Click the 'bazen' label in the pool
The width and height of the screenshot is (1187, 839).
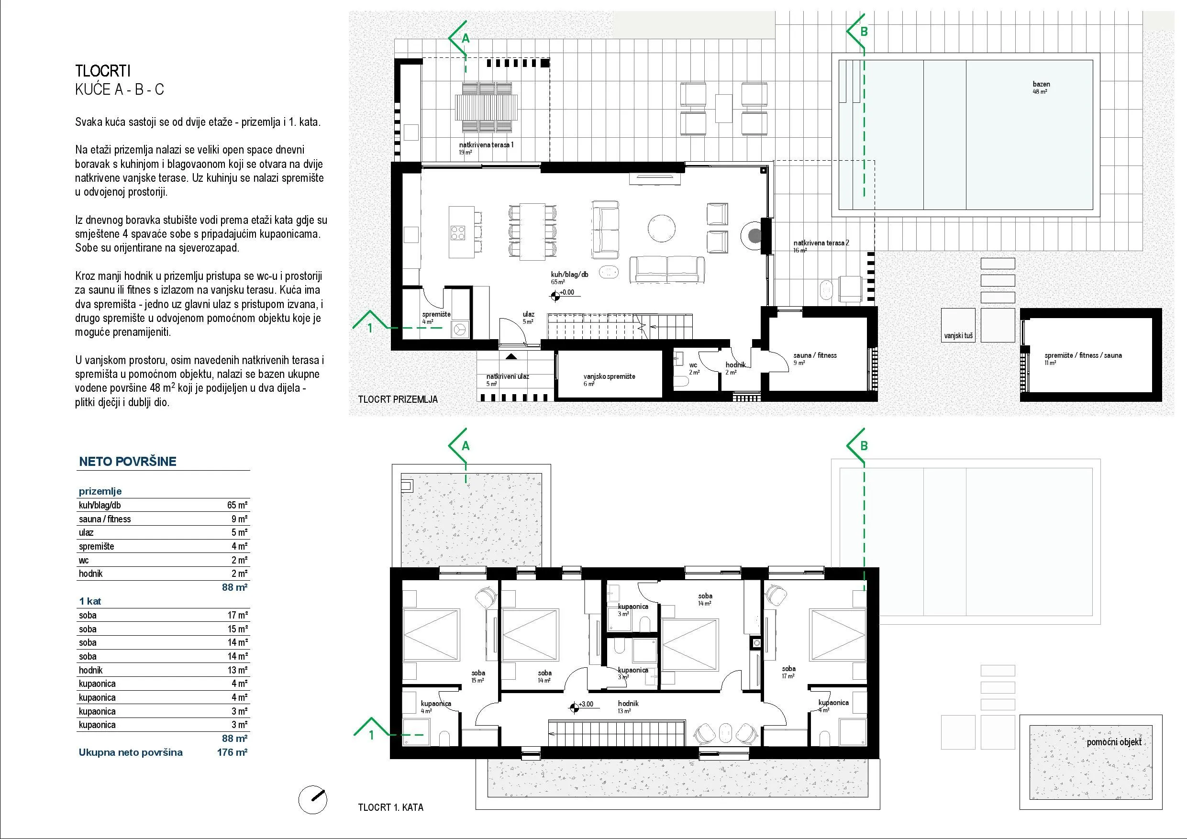[x=1041, y=84]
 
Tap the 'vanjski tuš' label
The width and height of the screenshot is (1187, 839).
[x=958, y=336]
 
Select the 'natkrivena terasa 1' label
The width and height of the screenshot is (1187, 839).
[x=486, y=145]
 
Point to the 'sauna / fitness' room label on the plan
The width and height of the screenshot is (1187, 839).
[x=815, y=355]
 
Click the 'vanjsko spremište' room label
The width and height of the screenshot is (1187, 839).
[x=609, y=376]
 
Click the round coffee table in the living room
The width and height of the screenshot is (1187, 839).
[x=661, y=229]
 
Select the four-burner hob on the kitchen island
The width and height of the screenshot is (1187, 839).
[x=458, y=232]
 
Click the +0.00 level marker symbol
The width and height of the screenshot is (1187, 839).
[x=555, y=296]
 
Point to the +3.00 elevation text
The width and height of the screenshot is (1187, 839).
[x=586, y=704]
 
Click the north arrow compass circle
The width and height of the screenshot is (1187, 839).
[x=313, y=800]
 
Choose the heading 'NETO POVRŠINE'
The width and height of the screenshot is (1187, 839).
[x=128, y=462]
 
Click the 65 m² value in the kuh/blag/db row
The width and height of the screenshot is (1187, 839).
[x=237, y=505]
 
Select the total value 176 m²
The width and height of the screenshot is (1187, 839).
[x=232, y=752]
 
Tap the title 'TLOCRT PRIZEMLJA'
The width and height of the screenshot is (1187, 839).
[x=398, y=399]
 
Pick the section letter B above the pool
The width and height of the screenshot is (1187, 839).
[x=864, y=32]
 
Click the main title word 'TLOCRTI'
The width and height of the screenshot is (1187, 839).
[x=103, y=71]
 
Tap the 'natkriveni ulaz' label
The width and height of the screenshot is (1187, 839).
[x=508, y=376]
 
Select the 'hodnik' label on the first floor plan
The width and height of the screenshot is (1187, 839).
[x=628, y=704]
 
